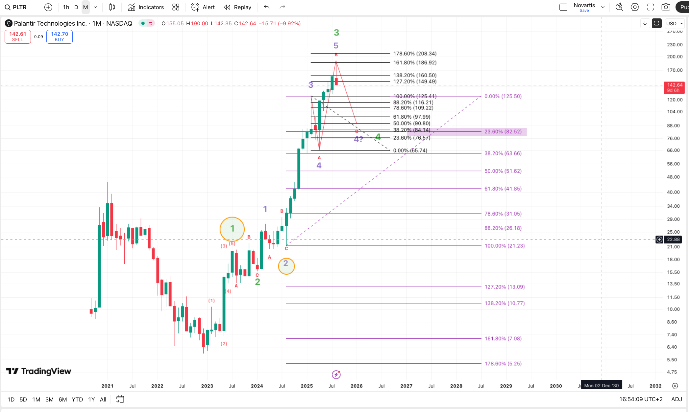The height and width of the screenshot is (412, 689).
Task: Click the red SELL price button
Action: pyautogui.click(x=18, y=36)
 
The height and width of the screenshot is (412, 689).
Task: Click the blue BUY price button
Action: pyautogui.click(x=60, y=36)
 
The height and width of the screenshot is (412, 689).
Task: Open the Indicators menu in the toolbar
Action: pyautogui.click(x=146, y=7)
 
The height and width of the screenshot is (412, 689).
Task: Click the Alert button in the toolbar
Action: pyautogui.click(x=203, y=7)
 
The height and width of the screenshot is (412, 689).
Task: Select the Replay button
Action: pyautogui.click(x=238, y=7)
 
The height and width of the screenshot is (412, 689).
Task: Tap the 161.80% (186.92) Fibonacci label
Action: pyautogui.click(x=415, y=62)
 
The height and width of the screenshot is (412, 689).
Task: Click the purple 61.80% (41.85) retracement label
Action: pyautogui.click(x=503, y=189)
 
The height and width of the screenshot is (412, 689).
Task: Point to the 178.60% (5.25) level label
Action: pyautogui.click(x=503, y=363)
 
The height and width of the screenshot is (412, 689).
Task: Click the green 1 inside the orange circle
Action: pyautogui.click(x=232, y=228)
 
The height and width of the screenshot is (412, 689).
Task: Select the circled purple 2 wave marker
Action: pyautogui.click(x=286, y=263)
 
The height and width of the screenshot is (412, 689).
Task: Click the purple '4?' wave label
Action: pyautogui.click(x=358, y=139)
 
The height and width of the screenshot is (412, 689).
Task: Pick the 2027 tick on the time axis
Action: pyautogui.click(x=406, y=386)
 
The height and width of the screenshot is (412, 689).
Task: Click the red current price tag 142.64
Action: pyautogui.click(x=674, y=87)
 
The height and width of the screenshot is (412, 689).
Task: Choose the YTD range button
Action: pyautogui.click(x=77, y=400)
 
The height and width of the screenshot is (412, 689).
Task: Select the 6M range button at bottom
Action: pyautogui.click(x=62, y=400)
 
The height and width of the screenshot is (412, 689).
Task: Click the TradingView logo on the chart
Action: pyautogui.click(x=39, y=371)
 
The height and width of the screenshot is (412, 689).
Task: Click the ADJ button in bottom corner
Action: pyautogui.click(x=677, y=399)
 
